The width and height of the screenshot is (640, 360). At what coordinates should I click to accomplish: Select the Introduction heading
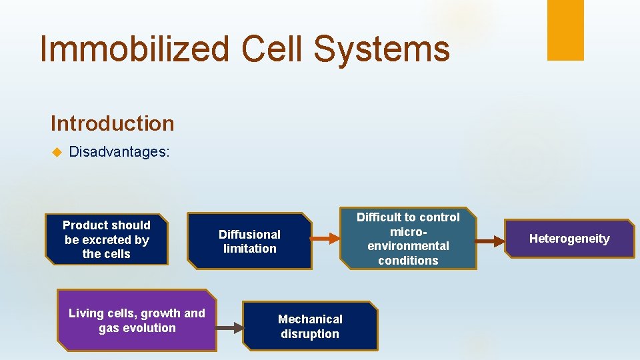tap(112, 123)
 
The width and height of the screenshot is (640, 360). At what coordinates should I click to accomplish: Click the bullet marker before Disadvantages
tap(56, 152)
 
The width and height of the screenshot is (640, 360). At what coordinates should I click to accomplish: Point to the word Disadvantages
tap(119, 152)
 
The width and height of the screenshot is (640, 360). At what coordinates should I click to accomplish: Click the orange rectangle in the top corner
tap(565, 30)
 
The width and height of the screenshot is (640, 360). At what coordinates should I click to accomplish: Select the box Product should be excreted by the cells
tap(106, 239)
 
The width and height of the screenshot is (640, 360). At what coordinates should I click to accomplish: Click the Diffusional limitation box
tap(249, 241)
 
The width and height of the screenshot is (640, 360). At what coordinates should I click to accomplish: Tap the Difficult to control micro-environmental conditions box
tap(408, 239)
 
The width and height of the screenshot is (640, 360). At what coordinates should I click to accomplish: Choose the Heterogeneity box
tap(569, 239)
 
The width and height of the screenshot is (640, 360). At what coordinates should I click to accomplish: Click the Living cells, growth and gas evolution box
tap(137, 320)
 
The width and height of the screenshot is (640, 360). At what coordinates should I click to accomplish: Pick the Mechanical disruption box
tap(309, 326)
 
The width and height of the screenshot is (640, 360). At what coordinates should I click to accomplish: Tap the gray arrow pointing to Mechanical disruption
tap(229, 327)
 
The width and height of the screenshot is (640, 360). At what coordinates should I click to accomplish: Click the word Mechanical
tap(310, 319)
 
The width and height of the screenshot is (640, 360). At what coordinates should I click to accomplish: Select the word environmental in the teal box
tap(408, 246)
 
